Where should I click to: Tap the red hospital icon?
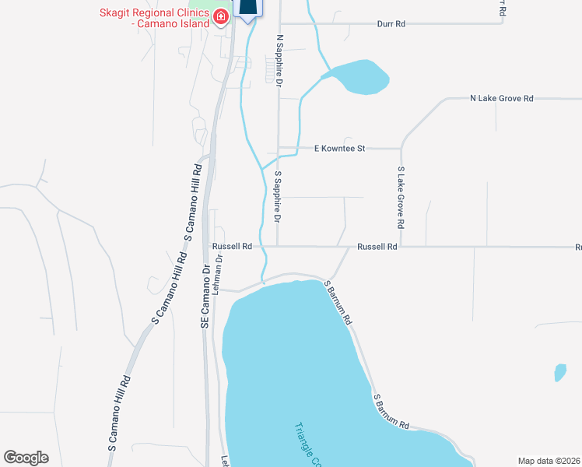[221, 16]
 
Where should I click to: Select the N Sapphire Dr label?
[279, 61]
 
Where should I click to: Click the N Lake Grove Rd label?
[502, 99]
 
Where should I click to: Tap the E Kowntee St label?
[339, 147]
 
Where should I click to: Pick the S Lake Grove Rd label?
[401, 197]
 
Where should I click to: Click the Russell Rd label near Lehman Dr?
[232, 247]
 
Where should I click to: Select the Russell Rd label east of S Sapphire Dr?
[377, 247]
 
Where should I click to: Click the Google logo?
[26, 458]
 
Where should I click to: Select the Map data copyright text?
[549, 461]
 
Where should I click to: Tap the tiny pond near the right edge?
[559, 373]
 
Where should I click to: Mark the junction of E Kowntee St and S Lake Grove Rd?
[401, 147]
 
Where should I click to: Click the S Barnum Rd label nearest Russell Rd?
[339, 303]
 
